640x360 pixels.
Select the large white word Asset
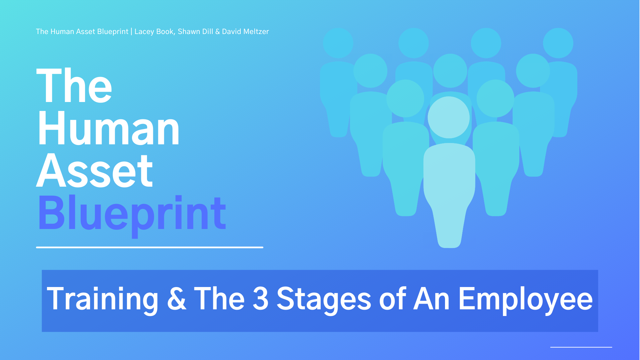coord(95,171)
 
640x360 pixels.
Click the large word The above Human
coord(74,85)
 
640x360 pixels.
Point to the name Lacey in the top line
coord(144,32)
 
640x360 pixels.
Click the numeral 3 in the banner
coord(260,299)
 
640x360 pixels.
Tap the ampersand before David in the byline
coord(217,32)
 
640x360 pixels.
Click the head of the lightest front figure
coord(449,117)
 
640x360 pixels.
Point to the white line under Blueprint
coord(150,247)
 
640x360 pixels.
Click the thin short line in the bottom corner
coord(581,347)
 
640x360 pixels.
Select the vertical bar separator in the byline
coord(131,32)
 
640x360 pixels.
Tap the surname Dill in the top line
coord(207,31)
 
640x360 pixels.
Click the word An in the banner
coord(432,299)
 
